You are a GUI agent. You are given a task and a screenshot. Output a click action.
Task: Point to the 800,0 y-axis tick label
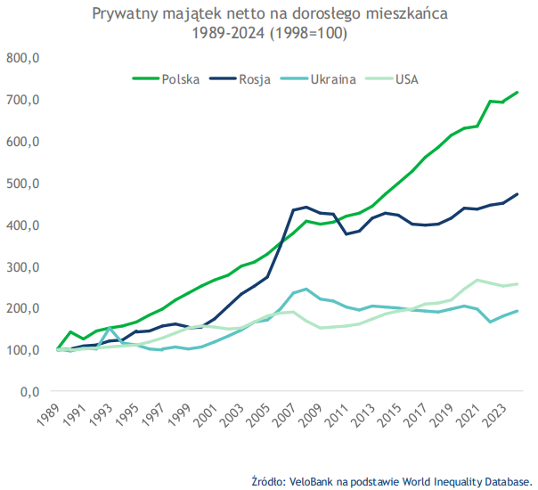24,58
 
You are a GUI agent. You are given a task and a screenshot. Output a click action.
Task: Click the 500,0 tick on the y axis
24,184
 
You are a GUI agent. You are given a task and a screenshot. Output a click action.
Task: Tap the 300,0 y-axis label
24,267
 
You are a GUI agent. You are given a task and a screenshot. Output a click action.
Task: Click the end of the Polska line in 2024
518,93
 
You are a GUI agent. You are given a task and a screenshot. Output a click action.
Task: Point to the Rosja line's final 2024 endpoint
518,194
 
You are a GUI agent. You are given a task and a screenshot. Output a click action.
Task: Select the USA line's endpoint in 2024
518,284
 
